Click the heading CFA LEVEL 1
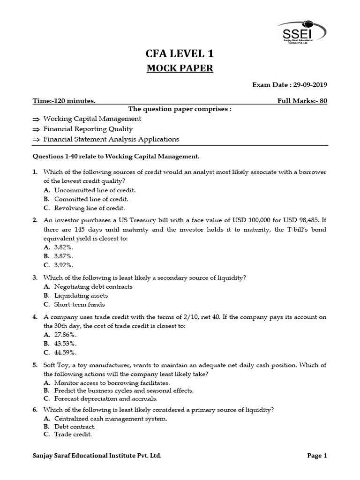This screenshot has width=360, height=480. tap(180, 55)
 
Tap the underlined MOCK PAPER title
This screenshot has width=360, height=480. tap(180, 68)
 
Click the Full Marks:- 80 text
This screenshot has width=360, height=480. tap(302, 101)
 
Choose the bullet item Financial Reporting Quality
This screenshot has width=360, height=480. tap(88, 129)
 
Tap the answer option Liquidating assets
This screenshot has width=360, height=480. tap(81, 295)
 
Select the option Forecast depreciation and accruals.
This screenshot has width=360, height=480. tap(105, 398)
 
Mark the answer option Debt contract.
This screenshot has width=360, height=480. tap(75, 427)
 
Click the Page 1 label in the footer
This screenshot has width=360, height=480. tap(317, 455)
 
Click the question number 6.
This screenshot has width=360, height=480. tap(35, 409)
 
